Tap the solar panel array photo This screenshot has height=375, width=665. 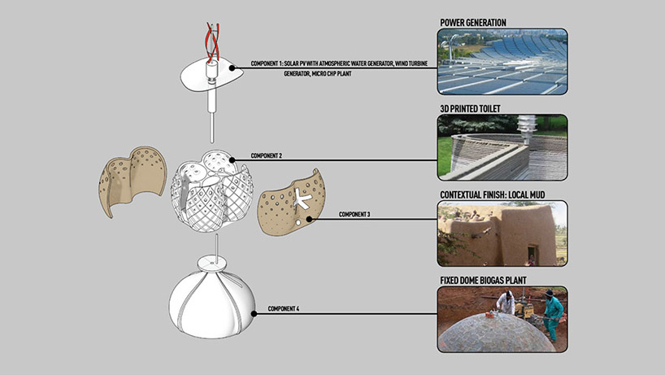tap(502, 63)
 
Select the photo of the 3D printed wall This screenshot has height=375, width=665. tap(502, 148)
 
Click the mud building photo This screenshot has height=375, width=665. tap(502, 233)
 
